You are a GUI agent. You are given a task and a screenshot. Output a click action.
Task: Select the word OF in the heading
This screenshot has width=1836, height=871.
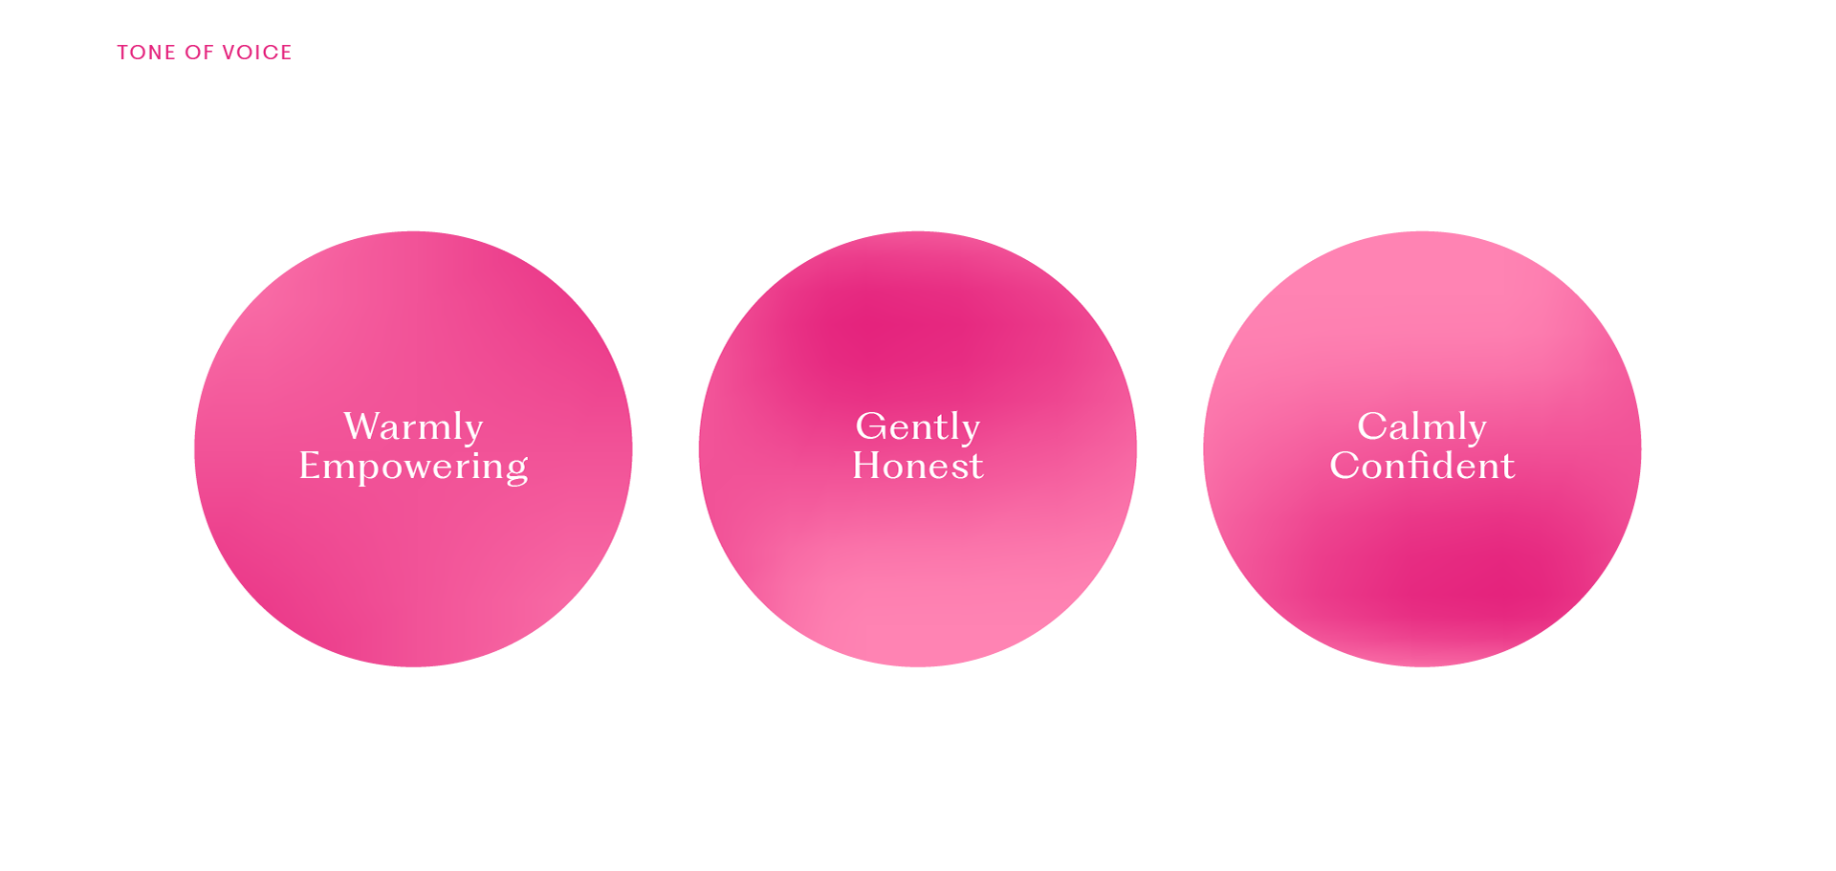199,53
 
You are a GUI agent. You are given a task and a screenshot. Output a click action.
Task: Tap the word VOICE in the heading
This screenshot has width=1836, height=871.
256,53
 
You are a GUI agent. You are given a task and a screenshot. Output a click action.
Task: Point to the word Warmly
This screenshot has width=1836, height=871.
413,426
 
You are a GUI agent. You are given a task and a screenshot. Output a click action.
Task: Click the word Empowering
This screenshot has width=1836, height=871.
413,467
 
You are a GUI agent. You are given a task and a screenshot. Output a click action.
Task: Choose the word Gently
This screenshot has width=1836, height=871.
917,426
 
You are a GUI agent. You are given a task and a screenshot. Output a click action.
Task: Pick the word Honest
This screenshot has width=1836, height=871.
917,466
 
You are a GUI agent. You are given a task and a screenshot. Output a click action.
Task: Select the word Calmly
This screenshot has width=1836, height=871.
1422,426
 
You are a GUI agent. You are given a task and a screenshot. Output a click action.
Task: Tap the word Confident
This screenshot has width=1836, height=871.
1422,466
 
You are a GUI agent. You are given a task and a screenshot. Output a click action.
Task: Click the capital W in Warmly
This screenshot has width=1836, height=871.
362,426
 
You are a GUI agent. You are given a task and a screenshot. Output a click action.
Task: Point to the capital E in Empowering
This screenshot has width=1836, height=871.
309,466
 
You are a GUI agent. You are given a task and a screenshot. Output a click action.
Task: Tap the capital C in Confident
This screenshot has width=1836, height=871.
1344,466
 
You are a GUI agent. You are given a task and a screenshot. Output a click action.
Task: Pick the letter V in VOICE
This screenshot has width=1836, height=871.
229,53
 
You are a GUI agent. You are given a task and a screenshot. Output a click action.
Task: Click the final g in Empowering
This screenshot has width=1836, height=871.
517,469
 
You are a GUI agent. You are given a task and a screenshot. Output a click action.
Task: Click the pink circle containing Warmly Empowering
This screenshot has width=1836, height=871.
413,574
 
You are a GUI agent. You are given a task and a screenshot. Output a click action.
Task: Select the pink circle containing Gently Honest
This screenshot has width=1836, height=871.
917,574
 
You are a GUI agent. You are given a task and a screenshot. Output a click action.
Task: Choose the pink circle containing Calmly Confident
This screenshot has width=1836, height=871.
1422,574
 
